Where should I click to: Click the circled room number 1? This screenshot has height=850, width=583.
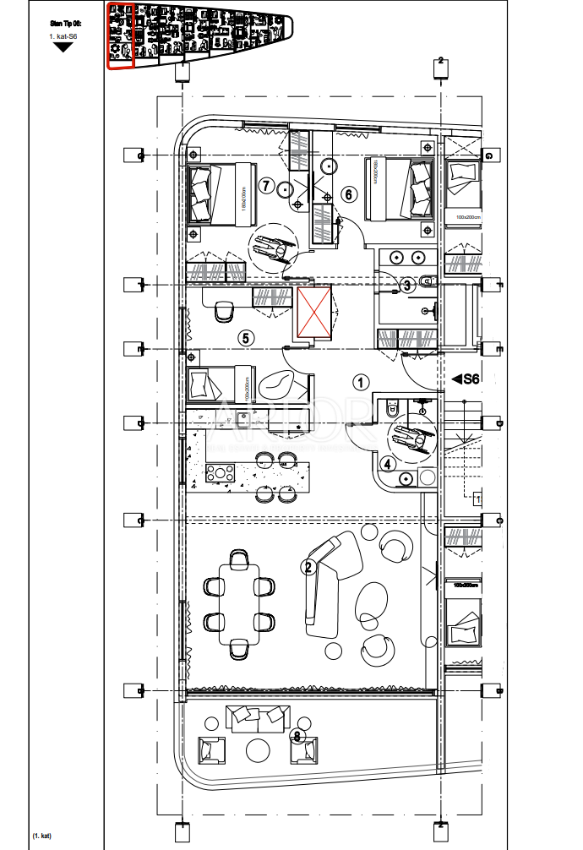click(x=361, y=382)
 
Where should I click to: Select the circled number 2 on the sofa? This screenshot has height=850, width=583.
click(x=309, y=568)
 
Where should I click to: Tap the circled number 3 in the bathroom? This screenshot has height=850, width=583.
click(x=406, y=286)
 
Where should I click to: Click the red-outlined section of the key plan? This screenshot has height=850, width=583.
click(x=121, y=36)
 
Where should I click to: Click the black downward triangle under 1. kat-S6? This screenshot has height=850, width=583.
click(x=63, y=47)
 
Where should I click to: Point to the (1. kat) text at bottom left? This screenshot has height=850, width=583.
click(x=42, y=836)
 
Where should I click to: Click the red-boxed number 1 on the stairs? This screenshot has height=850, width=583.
click(x=477, y=499)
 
